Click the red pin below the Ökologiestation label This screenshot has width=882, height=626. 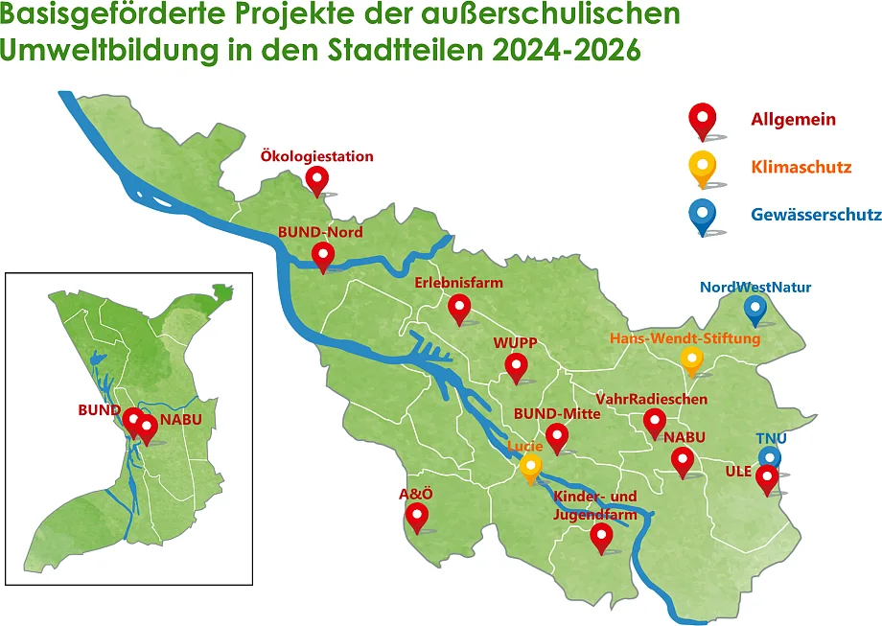316,179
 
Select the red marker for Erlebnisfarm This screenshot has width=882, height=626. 460,308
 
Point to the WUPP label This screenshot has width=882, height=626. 515,342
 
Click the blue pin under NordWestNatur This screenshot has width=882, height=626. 755,309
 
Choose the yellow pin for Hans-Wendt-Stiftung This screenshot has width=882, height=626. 692,359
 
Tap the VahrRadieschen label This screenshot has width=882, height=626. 652,398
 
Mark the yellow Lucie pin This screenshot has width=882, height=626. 531,468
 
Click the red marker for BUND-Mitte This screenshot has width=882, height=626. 557,438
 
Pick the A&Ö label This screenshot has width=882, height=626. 415,495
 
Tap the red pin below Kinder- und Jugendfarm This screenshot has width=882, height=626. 601,537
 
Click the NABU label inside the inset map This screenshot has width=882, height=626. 181,420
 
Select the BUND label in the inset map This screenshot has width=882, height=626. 99,409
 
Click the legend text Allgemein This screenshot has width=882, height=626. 793,120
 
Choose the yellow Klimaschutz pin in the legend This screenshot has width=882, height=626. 703,168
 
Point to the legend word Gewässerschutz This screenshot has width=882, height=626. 816,215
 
